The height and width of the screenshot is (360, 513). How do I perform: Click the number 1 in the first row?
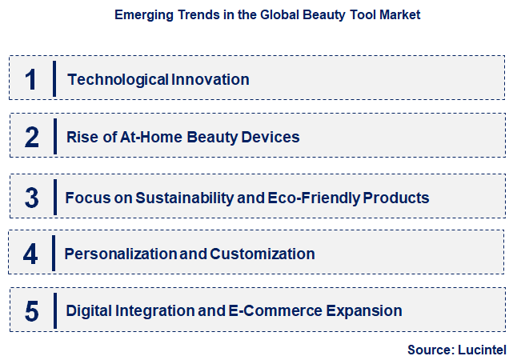[x=31, y=79]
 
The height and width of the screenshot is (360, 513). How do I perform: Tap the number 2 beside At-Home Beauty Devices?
[x=31, y=138]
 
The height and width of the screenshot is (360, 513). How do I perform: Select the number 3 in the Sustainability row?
[x=31, y=198]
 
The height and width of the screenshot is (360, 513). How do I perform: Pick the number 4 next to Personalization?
[x=30, y=254]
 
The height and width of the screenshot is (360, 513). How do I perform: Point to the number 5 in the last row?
[x=31, y=311]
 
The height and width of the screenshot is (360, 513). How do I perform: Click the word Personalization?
[x=121, y=254]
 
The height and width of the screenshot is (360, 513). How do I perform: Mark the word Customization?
[x=263, y=254]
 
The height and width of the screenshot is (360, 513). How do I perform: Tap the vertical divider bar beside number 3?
[x=55, y=198]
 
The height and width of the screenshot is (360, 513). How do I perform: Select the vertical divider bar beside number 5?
[x=55, y=311]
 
